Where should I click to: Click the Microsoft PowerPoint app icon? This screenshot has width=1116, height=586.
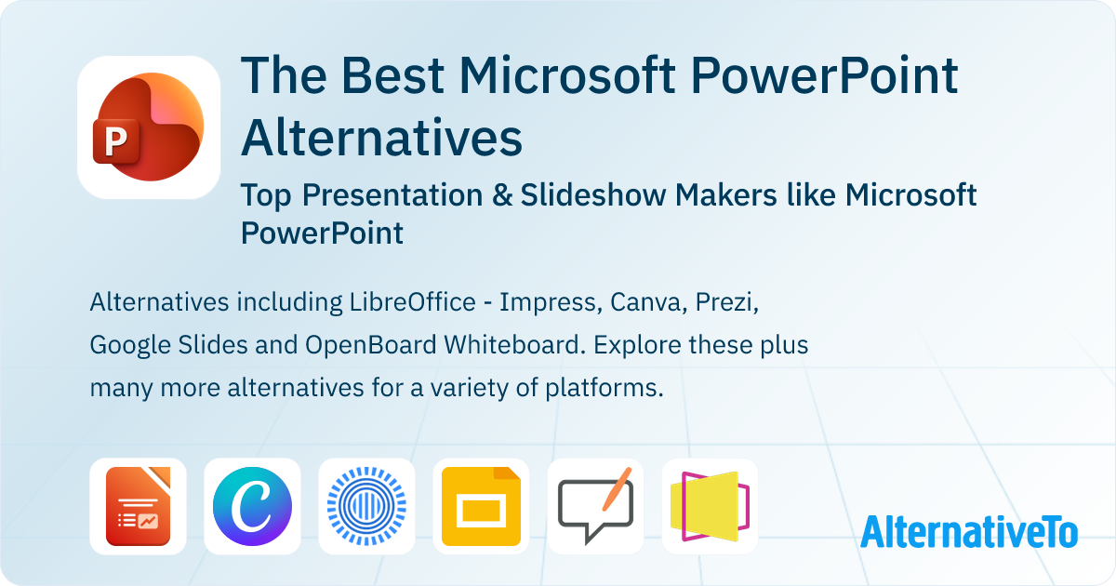point(149,127)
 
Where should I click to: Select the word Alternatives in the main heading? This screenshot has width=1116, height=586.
point(381,138)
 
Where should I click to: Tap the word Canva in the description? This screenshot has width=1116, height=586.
point(640,302)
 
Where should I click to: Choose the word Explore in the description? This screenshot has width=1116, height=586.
point(632,345)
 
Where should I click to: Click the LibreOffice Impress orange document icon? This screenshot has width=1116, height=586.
point(138,506)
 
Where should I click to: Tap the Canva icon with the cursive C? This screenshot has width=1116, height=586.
point(252,506)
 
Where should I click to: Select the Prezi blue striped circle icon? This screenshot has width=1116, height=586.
point(366,506)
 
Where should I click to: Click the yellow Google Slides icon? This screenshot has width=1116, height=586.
point(481,506)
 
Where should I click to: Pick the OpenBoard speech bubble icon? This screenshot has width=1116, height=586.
point(595,506)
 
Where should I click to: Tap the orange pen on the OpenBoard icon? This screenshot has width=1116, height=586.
point(617,486)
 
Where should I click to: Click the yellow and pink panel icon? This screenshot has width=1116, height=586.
point(710,506)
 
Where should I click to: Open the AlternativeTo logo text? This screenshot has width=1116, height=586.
point(968,531)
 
